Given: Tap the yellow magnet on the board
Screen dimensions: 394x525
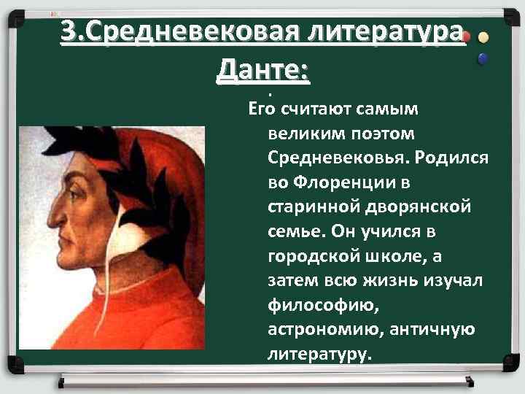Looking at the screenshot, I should click(x=484, y=38).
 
